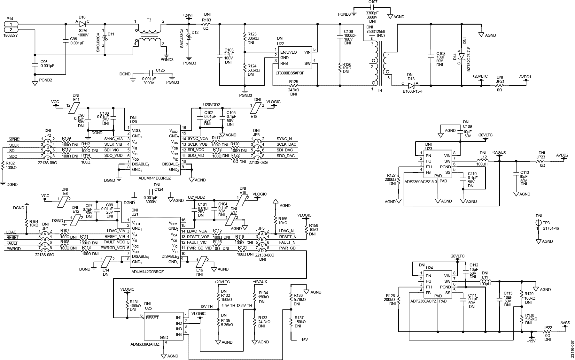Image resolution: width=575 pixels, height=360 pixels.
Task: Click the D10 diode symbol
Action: pyautogui.click(x=82, y=24)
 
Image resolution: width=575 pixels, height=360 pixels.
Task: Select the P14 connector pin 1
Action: pyautogui.click(x=11, y=24)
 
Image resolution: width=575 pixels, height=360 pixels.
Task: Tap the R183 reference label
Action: pyautogui.click(x=206, y=20)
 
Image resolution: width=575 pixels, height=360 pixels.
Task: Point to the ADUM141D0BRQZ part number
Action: pyautogui.click(x=155, y=178)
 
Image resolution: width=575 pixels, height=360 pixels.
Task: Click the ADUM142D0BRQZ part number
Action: pyautogui.click(x=147, y=272)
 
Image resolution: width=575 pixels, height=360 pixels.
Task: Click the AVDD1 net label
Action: pyautogui.click(x=525, y=77)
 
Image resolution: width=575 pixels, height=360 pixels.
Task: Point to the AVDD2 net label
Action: pyautogui.click(x=563, y=155)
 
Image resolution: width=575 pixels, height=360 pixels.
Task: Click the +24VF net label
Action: pyautogui.click(x=188, y=15)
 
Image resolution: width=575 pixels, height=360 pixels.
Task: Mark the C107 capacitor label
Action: pyautogui.click(x=373, y=2)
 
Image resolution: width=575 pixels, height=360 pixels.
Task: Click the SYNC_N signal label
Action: pyautogui.click(x=284, y=139)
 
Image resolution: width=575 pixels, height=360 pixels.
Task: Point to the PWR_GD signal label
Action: pyautogui.click(x=287, y=248)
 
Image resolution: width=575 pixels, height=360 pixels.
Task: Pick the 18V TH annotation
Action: pyautogui.click(x=206, y=306)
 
